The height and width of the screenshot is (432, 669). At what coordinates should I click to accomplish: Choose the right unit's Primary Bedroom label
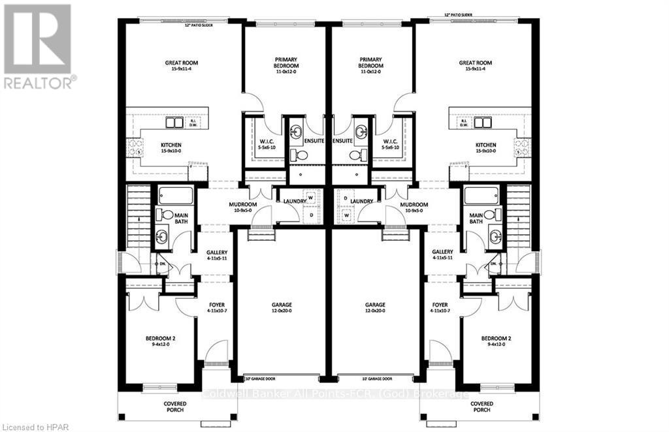point(371,63)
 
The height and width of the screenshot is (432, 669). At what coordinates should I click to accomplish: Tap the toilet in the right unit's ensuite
point(357,155)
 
